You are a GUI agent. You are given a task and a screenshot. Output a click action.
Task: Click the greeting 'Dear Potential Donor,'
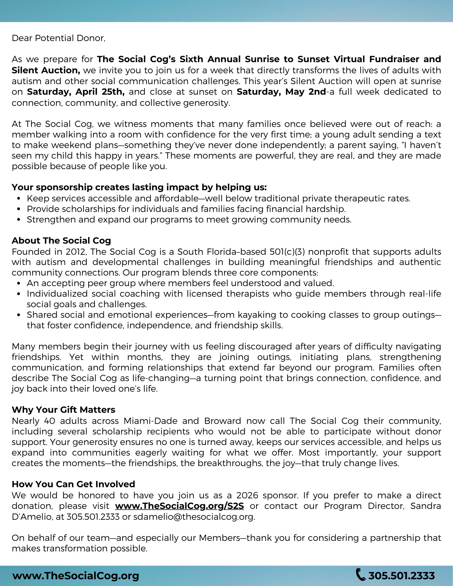click(58, 38)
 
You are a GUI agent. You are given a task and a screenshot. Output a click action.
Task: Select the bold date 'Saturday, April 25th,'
click(76, 92)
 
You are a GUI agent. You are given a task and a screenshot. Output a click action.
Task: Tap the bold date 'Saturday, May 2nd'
click(281, 92)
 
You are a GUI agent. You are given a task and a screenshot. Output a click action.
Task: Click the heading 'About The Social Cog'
click(61, 240)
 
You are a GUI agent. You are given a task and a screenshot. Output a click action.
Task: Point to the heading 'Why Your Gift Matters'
click(63, 410)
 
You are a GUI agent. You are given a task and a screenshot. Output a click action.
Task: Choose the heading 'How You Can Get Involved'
click(73, 484)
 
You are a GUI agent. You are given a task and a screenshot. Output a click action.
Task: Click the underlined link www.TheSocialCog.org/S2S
click(179, 506)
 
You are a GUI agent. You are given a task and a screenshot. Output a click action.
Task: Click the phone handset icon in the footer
click(361, 574)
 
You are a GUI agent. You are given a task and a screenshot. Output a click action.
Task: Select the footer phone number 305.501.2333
click(401, 576)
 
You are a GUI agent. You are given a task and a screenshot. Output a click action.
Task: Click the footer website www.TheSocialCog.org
click(76, 576)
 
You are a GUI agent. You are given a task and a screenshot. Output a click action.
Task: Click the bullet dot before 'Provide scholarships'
click(19, 209)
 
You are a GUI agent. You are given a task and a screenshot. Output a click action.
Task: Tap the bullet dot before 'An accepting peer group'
click(19, 283)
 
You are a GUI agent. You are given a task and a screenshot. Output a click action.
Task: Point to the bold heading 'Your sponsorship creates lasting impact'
click(139, 187)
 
